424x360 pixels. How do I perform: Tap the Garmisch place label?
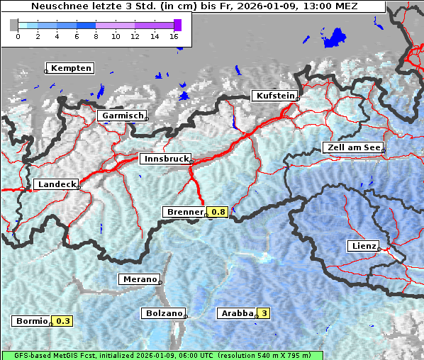123,116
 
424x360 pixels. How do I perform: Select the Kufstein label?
274,96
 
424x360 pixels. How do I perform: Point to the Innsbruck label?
165,159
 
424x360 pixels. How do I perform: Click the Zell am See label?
352,148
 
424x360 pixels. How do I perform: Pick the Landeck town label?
56,184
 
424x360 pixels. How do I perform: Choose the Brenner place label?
185,212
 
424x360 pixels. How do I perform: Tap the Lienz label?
363,246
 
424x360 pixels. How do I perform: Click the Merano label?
139,279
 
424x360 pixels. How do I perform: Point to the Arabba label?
236,313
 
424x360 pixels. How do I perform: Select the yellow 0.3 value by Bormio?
64,321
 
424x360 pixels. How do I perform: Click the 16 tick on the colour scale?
174,35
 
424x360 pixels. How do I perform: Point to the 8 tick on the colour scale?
96,35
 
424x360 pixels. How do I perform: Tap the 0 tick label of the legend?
18,35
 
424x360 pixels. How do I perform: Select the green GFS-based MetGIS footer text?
162,355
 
